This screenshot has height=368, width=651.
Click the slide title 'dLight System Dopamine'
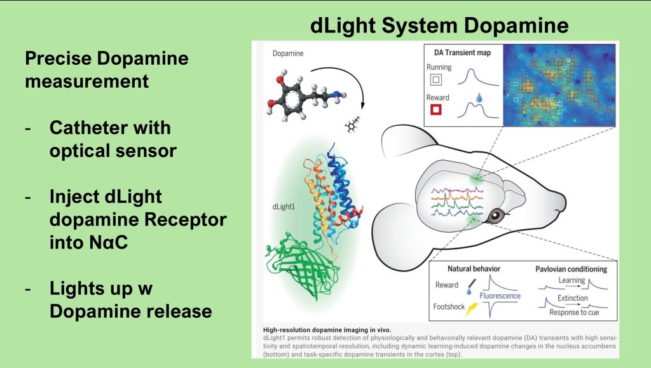pyautogui.click(x=439, y=25)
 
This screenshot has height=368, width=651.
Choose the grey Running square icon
pyautogui.click(x=436, y=79)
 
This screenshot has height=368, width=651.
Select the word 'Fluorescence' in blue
pyautogui.click(x=500, y=296)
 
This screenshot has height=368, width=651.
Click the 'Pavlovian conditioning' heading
pyautogui.click(x=571, y=269)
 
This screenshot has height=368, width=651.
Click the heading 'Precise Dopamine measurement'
pyautogui.click(x=107, y=70)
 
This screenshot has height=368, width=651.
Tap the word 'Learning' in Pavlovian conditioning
pyautogui.click(x=572, y=280)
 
